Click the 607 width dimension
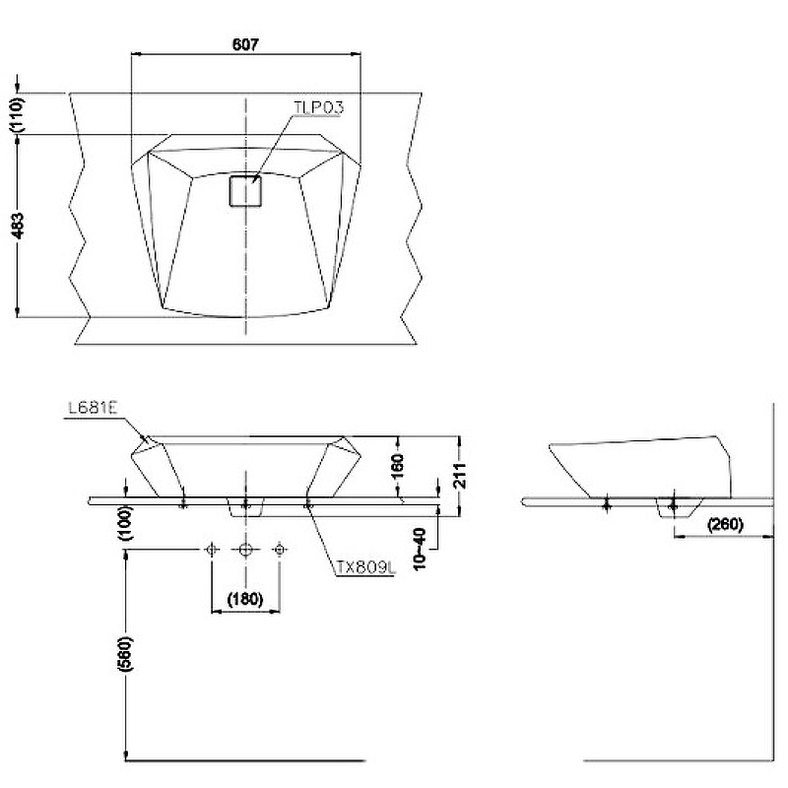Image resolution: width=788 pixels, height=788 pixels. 246,44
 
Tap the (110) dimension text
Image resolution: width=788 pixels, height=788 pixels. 17,114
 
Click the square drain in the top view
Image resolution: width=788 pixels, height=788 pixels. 245,191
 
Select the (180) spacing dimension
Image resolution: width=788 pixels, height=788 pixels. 245,598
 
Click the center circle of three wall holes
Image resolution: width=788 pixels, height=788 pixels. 245,549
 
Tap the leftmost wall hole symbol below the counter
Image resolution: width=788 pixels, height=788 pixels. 211,549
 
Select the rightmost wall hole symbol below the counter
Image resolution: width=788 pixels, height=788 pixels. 280,549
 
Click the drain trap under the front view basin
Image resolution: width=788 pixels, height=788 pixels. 245,507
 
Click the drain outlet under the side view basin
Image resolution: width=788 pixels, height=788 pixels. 673,507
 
